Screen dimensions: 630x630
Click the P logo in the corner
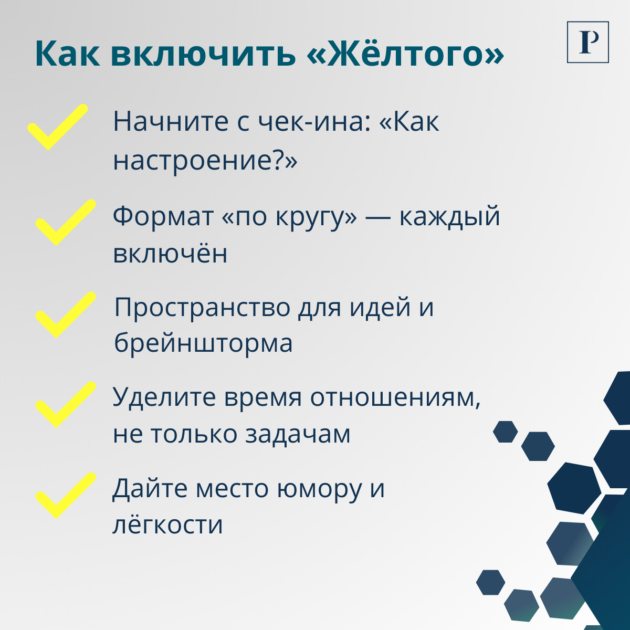click(x=587, y=42)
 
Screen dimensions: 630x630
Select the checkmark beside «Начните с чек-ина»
click(x=57, y=128)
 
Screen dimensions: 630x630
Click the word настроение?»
click(x=205, y=160)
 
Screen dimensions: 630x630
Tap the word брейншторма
click(x=203, y=344)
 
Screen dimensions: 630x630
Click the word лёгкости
click(x=168, y=525)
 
